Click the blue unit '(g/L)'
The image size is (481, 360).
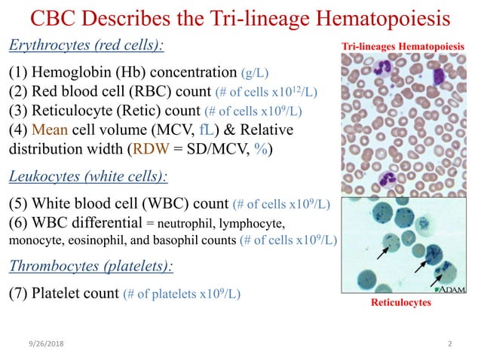(x=256, y=73)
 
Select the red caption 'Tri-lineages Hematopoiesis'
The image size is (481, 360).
(x=404, y=47)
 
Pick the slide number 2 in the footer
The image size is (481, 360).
(x=449, y=344)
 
